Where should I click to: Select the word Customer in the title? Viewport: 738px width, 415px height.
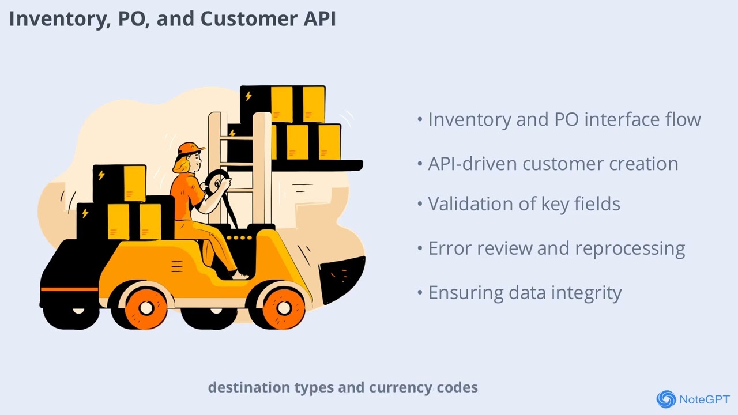(x=248, y=18)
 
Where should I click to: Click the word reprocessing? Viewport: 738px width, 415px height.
(x=630, y=248)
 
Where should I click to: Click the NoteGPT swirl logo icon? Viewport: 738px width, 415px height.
(x=666, y=399)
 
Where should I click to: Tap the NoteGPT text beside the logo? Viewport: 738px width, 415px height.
(x=705, y=399)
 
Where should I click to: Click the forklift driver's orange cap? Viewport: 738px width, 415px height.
(x=190, y=149)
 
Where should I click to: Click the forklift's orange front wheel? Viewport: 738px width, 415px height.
(x=283, y=308)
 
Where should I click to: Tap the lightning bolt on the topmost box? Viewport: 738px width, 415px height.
(x=248, y=96)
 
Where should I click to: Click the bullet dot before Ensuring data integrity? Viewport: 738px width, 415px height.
(x=420, y=292)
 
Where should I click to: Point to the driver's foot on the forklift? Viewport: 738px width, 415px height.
(x=240, y=276)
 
